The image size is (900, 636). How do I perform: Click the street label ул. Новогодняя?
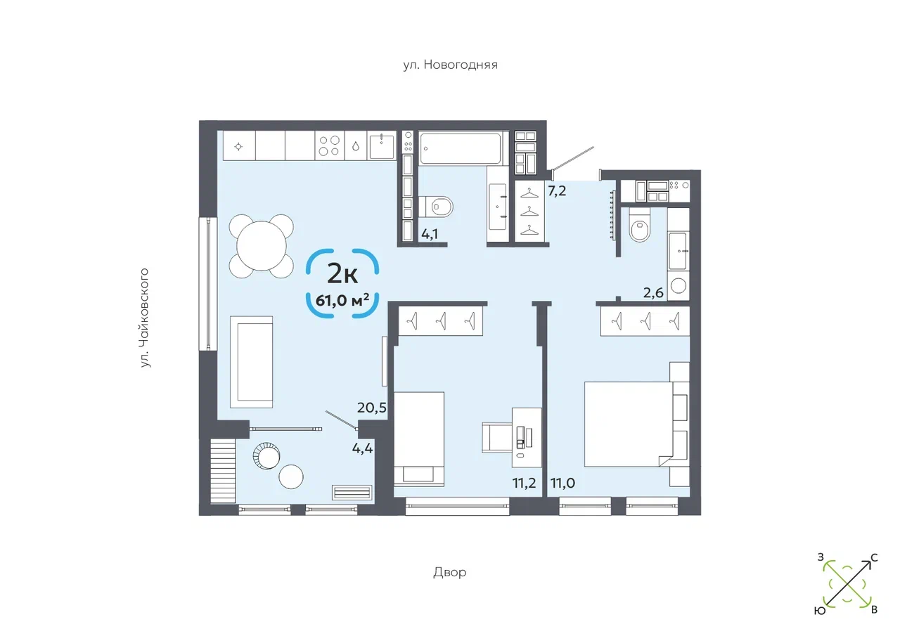tap(450, 65)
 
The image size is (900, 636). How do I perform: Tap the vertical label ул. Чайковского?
tap(146, 317)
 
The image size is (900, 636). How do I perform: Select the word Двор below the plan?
tap(449, 572)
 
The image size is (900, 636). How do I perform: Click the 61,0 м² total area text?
tap(343, 301)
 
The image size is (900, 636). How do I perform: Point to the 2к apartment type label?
tap(342, 271)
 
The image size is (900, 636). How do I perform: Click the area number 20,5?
tap(373, 407)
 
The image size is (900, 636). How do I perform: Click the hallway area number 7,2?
tap(557, 190)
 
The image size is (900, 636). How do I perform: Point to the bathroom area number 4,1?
tap(430, 234)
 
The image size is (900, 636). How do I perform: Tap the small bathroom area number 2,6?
tap(654, 293)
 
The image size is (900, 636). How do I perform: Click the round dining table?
tap(261, 245)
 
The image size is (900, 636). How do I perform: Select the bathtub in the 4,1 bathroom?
tap(461, 148)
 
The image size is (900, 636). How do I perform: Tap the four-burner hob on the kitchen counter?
tap(328, 145)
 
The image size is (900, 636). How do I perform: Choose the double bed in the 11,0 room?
tap(629, 424)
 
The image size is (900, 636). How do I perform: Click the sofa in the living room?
tap(251, 361)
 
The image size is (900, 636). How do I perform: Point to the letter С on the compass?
tap(874, 558)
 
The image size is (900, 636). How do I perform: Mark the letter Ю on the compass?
tap(819, 611)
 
